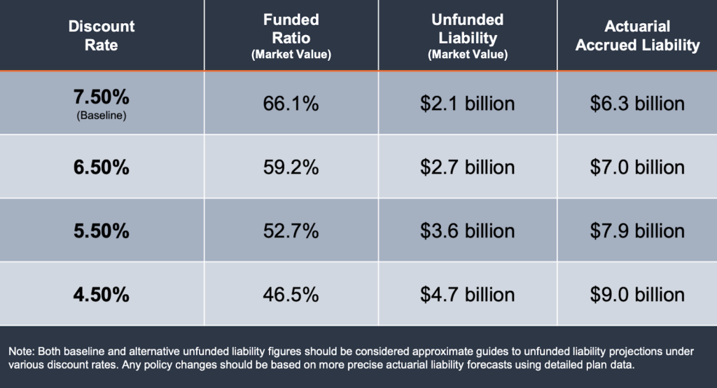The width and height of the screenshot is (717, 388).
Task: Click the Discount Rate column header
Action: pos(102,36)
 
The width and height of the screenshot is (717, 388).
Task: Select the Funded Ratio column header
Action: pos(291,35)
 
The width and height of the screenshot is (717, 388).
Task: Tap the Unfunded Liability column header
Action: pos(467,35)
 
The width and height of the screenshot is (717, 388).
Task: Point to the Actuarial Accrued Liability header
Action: pos(637,36)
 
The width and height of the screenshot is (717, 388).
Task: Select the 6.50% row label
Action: pos(102,167)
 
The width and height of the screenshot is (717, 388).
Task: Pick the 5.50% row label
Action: pos(102,230)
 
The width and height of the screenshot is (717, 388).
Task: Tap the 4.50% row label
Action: pos(102,294)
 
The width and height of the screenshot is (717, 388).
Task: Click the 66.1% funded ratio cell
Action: pos(291,104)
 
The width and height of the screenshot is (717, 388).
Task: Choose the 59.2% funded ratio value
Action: pos(291,167)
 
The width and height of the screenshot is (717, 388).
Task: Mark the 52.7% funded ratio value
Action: pos(291,230)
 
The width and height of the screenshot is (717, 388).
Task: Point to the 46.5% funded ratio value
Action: pos(291,294)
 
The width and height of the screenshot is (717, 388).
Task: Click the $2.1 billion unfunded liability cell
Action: pos(467,104)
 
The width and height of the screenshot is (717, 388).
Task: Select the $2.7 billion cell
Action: pos(467,167)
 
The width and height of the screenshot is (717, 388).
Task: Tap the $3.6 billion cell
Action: pos(467,230)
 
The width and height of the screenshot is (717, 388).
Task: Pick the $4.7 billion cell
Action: pos(467,294)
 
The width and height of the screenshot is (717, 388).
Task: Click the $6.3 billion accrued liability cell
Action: pos(637,104)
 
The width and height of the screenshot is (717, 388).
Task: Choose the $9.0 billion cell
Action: pos(637,294)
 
